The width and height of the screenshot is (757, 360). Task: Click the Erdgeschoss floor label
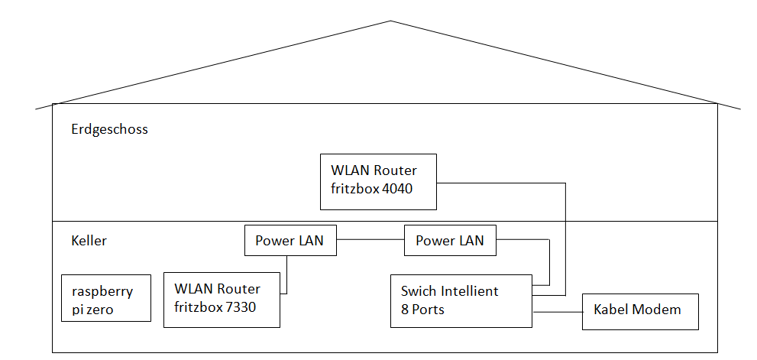coord(109,130)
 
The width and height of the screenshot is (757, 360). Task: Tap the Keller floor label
coord(89,241)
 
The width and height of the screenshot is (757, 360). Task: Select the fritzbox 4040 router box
coord(379,182)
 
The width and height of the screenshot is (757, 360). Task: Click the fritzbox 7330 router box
coord(222,300)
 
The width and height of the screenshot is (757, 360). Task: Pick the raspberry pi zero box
coord(106,298)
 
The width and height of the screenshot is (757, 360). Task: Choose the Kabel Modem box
coord(640,312)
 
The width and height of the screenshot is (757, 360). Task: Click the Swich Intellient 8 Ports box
coord(461,301)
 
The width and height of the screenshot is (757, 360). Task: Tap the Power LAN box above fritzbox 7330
coord(290,240)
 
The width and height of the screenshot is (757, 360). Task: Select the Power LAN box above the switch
coord(450,240)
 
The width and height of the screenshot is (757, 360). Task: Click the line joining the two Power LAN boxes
coord(370,240)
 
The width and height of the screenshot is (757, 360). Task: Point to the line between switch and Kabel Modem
coord(557,312)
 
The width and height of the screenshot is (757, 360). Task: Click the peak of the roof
coord(390,21)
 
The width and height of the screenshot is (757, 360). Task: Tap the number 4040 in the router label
coord(397,189)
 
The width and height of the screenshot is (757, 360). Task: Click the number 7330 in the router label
coord(241,306)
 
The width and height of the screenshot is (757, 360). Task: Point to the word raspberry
coord(102,292)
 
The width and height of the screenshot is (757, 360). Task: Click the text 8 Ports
coord(422,310)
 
